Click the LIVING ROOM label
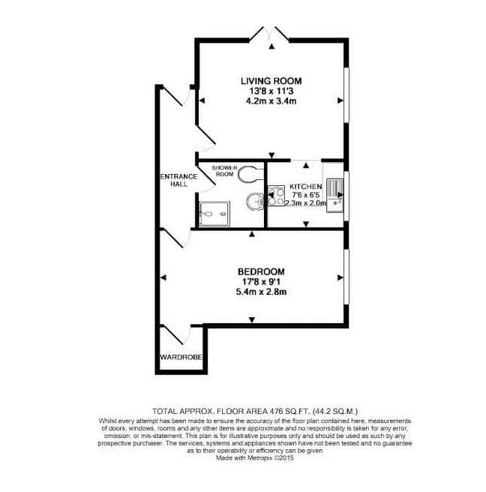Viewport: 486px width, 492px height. (x=271, y=81)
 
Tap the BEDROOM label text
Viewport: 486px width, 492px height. (x=261, y=271)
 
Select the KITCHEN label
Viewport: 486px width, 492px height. (x=305, y=187)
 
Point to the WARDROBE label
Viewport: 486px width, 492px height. (x=181, y=357)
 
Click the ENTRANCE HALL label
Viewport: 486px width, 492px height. (x=178, y=180)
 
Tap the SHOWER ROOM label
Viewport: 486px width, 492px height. (x=225, y=171)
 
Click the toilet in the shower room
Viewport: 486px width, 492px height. (x=250, y=174)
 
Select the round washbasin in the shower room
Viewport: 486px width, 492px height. (x=255, y=201)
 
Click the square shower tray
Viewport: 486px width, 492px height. (x=214, y=214)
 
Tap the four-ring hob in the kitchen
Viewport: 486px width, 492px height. (x=276, y=196)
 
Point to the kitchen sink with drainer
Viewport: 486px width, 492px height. (x=334, y=195)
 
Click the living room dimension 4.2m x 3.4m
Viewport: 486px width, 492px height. (x=271, y=101)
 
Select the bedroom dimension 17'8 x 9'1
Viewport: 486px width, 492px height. (x=261, y=282)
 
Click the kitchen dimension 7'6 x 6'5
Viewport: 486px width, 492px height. (x=305, y=195)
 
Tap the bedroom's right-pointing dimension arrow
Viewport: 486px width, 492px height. (x=340, y=277)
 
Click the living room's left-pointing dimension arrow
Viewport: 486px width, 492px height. (x=202, y=100)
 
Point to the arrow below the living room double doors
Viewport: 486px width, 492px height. (x=271, y=46)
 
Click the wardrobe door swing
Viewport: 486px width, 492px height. (x=176, y=335)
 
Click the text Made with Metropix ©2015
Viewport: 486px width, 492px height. (x=255, y=457)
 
